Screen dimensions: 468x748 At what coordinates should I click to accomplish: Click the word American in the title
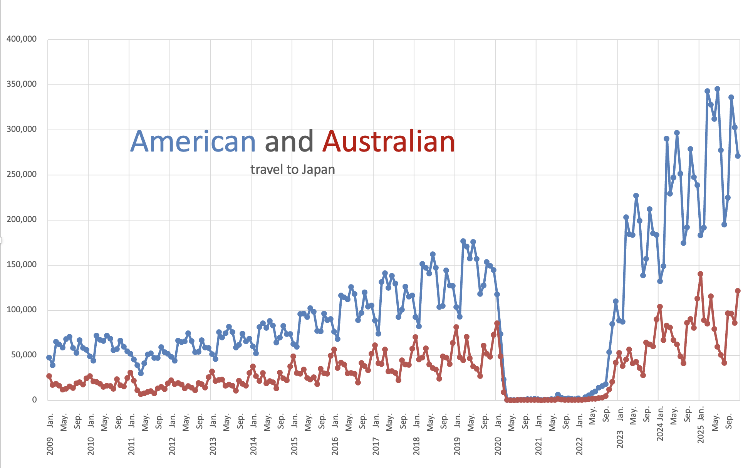[193, 141]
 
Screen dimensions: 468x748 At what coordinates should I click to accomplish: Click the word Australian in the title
[389, 141]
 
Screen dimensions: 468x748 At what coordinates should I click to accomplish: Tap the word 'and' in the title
[289, 141]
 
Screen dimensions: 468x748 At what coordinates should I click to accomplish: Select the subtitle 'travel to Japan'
[293, 169]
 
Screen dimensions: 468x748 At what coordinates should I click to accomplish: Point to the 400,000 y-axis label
[22, 39]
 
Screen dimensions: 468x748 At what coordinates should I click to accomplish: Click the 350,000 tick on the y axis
[22, 84]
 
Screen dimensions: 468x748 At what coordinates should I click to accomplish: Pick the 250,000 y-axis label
[22, 174]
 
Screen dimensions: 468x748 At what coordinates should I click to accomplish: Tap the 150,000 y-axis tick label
[22, 264]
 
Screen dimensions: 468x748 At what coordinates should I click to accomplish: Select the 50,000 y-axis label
[24, 355]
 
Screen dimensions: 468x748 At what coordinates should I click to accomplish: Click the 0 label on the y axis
[35, 400]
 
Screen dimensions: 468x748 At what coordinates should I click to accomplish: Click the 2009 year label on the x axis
[50, 446]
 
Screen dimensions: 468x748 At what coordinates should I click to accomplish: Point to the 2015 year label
[294, 446]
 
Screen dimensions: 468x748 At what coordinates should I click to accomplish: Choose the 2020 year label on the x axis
[498, 446]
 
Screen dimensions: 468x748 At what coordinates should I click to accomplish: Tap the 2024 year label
[660, 436]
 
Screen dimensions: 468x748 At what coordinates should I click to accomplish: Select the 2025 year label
[701, 436]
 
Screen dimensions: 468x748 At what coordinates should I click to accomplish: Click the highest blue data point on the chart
[717, 89]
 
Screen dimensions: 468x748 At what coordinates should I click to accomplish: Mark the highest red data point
[700, 274]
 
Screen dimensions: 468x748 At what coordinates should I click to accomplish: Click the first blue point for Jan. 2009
[49, 357]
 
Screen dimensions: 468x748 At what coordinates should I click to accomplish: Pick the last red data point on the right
[738, 291]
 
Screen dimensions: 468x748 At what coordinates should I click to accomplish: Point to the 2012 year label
[172, 446]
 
